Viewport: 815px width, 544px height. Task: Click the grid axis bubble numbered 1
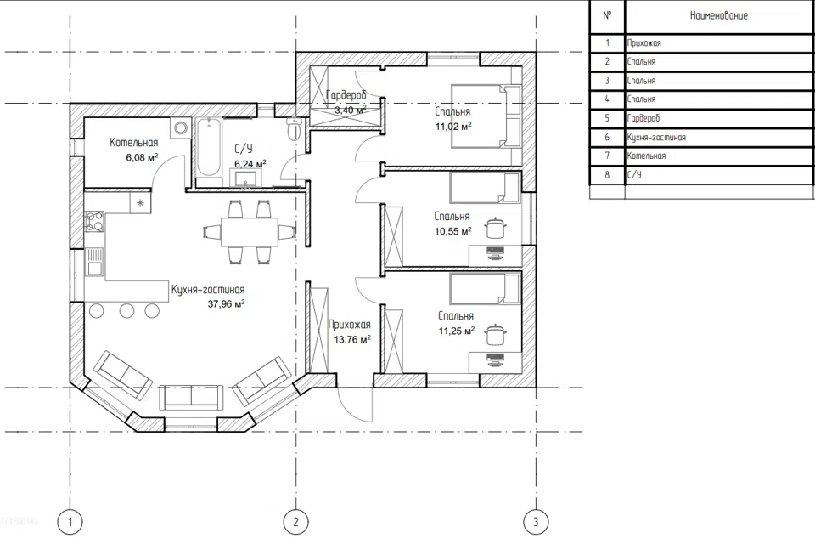(x=70, y=521)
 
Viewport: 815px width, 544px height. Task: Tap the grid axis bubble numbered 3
(x=536, y=521)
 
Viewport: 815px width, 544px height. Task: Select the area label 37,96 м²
(x=226, y=303)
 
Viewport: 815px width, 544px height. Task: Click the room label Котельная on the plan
(x=133, y=143)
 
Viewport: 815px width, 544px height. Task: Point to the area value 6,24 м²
(x=250, y=164)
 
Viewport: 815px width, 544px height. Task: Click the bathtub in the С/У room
(x=209, y=148)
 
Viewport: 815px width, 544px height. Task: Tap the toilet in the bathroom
(x=294, y=128)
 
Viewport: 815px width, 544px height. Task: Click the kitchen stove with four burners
(x=94, y=220)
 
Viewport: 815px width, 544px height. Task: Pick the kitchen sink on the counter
(x=94, y=262)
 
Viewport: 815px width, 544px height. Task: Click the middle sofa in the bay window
(x=192, y=397)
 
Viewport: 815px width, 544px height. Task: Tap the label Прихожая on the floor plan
(x=350, y=325)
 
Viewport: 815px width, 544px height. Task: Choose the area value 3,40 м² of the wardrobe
(x=350, y=110)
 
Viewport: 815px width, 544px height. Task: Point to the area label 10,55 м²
(x=453, y=231)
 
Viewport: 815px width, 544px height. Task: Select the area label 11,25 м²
(x=457, y=331)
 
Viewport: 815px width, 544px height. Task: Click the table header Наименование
(x=719, y=15)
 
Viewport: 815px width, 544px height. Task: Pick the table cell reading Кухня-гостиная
(x=656, y=138)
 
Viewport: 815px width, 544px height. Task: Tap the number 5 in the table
(x=606, y=118)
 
